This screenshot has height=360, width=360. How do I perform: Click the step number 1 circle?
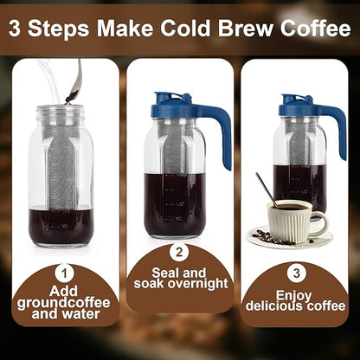tap(67, 272)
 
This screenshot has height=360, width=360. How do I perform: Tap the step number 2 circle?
tap(180, 254)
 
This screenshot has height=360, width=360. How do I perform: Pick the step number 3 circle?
tap(294, 272)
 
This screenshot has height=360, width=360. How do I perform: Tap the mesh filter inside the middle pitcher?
tap(172, 156)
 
